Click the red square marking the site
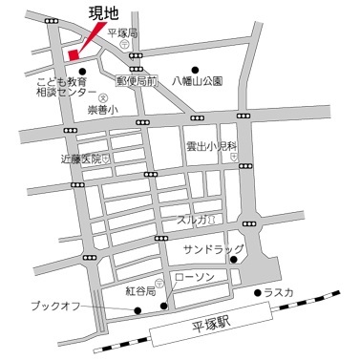[x=74, y=54]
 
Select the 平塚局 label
[x=123, y=33]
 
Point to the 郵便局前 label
[x=136, y=83]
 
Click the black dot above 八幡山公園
[x=195, y=69]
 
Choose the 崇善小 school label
[x=102, y=111]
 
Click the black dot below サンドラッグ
[x=233, y=259]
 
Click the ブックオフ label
[x=54, y=307]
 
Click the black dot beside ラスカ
[x=259, y=293]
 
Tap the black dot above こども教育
[x=82, y=71]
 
